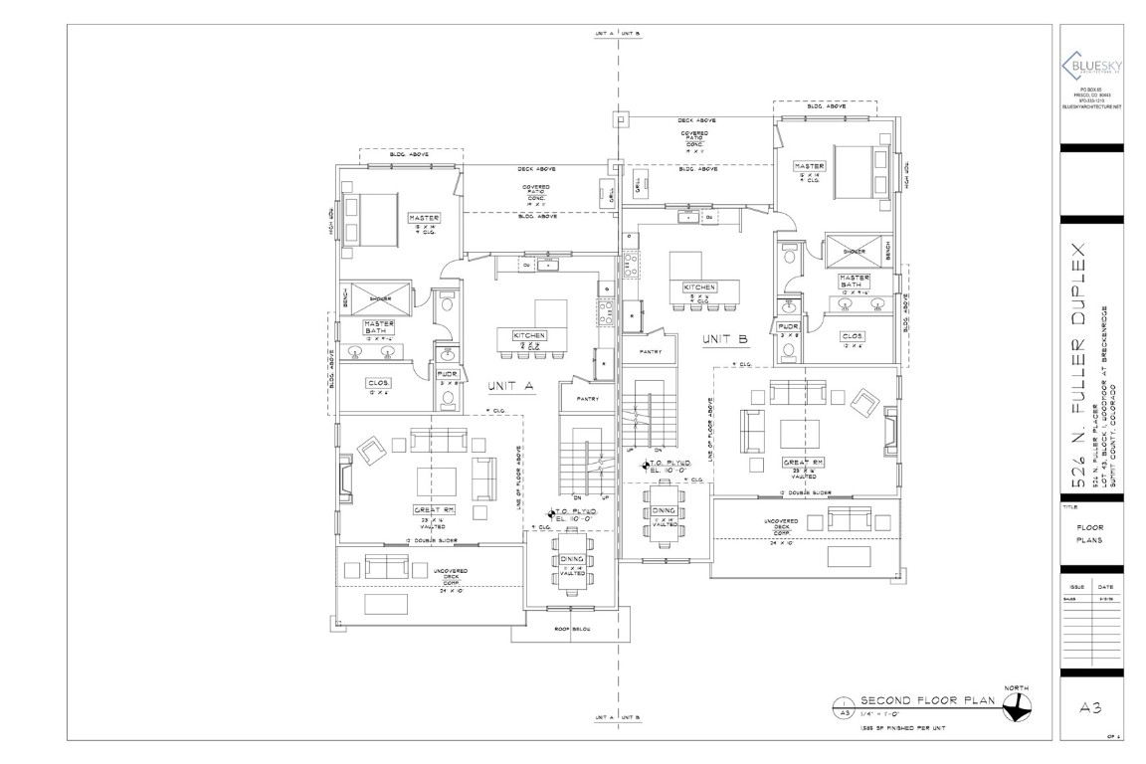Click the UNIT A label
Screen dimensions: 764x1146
pyautogui.click(x=512, y=385)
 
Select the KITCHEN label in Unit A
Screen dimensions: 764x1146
pyautogui.click(x=528, y=335)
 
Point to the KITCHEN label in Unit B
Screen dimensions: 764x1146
pyautogui.click(x=699, y=286)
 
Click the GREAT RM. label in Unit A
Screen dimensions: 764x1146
pyautogui.click(x=434, y=510)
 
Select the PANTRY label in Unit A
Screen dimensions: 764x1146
pyautogui.click(x=576, y=399)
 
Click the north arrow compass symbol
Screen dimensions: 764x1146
pyautogui.click(x=1016, y=706)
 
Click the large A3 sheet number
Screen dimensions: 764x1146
pyautogui.click(x=1090, y=707)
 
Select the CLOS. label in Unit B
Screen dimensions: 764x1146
pyautogui.click(x=852, y=336)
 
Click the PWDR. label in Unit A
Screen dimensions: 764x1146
pyautogui.click(x=448, y=374)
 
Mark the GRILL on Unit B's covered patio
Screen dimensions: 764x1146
pyautogui.click(x=637, y=182)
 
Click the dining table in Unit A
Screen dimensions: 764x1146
pyautogui.click(x=572, y=560)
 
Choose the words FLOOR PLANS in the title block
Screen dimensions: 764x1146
pyautogui.click(x=1090, y=533)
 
